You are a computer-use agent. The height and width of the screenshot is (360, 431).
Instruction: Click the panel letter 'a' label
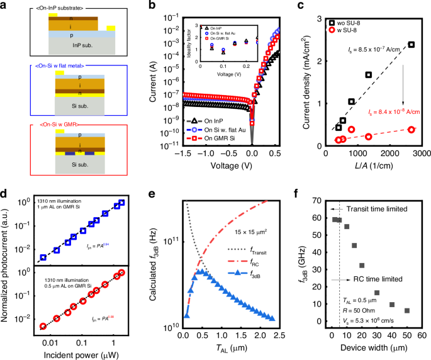[5, 6]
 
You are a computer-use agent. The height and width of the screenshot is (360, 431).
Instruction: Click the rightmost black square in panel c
[411, 45]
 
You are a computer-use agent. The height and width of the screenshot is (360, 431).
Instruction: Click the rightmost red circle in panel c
[411, 130]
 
